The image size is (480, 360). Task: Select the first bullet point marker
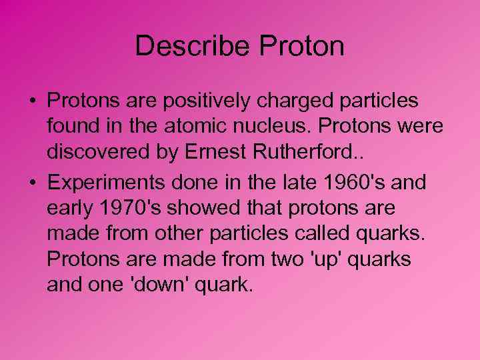pos(32,101)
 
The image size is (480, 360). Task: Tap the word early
pos(69,209)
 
